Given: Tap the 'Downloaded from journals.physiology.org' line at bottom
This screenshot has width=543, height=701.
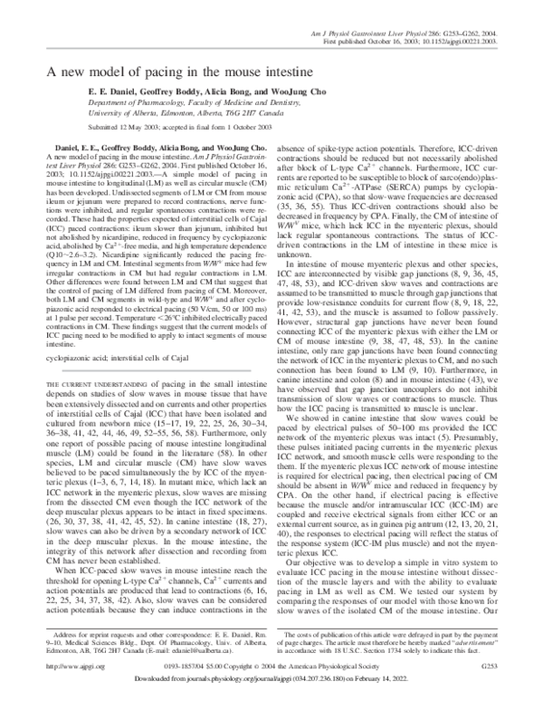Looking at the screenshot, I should coord(271,679).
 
